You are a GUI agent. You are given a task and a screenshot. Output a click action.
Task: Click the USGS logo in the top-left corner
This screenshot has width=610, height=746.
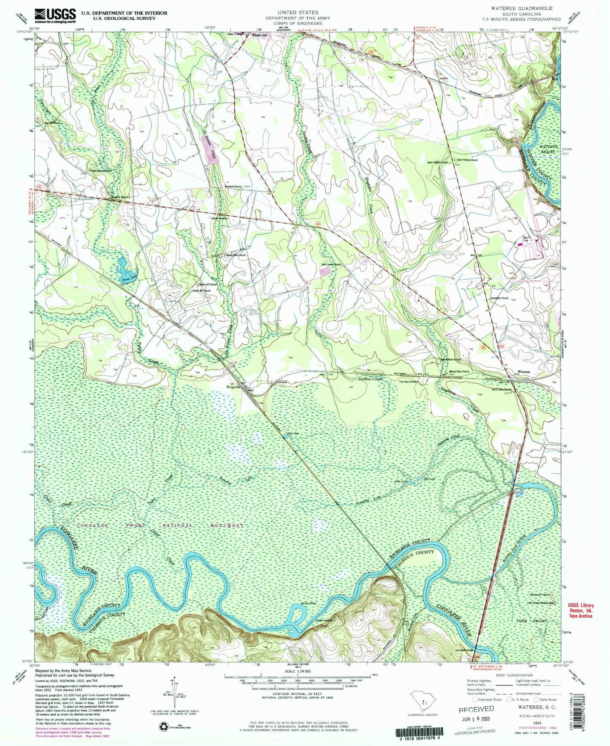(x=55, y=16)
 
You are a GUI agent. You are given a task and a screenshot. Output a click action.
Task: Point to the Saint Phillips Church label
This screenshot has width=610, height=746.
(x=467, y=160)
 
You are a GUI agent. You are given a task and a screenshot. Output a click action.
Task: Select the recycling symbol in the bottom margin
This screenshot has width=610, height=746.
(x=163, y=726)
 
